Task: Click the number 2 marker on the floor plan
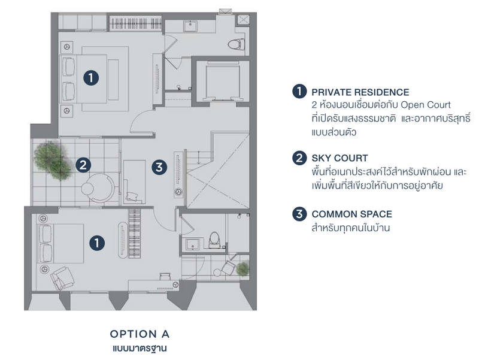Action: click(83, 165)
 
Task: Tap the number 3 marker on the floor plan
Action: click(159, 167)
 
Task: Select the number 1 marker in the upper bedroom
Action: click(91, 78)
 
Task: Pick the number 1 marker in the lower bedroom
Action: click(97, 243)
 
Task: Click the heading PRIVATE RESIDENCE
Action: click(360, 92)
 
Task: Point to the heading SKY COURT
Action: click(339, 158)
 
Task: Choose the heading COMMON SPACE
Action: click(351, 214)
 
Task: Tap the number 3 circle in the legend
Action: click(299, 214)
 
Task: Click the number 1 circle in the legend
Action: click(299, 91)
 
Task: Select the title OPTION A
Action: click(140, 334)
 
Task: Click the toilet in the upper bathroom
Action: click(236, 44)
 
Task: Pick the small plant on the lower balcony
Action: click(242, 269)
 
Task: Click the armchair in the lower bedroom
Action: click(62, 277)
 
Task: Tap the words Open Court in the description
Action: click(426, 105)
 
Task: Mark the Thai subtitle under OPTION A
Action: click(140, 349)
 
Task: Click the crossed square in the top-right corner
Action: click(243, 20)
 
